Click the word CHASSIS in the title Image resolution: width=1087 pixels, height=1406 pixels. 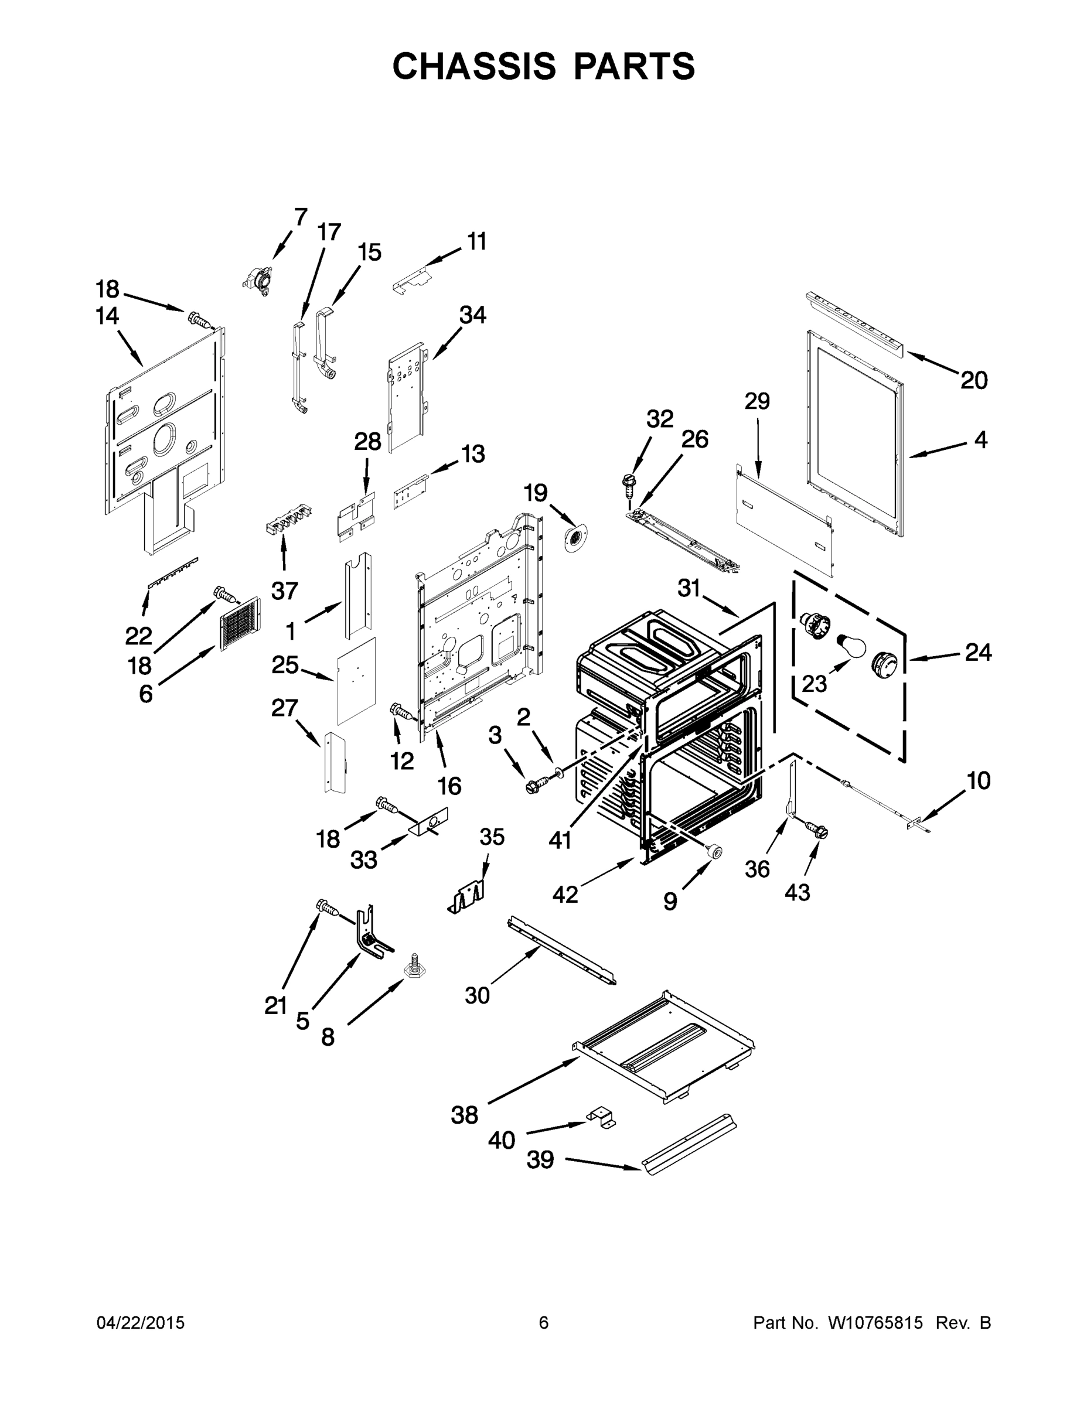(474, 66)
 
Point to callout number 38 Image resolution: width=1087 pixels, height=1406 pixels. (464, 1115)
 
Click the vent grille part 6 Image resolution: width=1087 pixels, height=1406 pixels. (240, 623)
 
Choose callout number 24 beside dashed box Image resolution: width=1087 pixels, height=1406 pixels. (977, 653)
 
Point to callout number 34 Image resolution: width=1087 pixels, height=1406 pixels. (472, 315)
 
